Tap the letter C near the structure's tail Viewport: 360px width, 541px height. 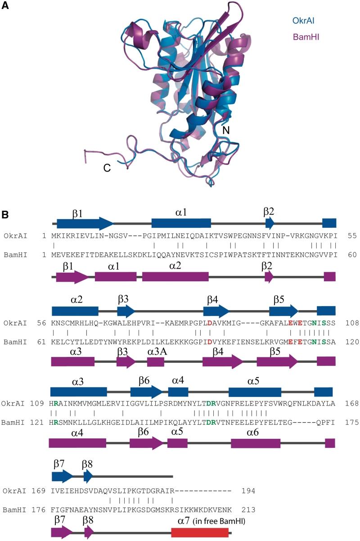point(107,167)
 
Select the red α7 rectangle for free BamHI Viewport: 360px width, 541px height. point(200,532)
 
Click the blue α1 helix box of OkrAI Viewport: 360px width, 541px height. point(181,223)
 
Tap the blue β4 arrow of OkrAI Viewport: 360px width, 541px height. point(216,310)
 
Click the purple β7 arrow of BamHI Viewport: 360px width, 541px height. point(62,532)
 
